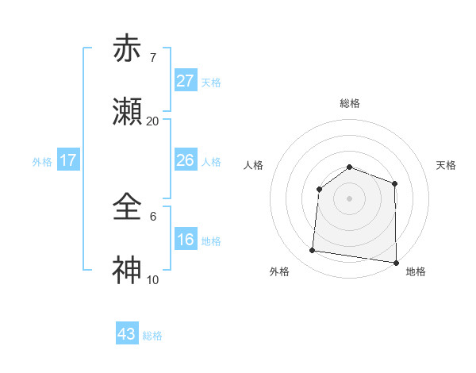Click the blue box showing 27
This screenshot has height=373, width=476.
tap(185, 81)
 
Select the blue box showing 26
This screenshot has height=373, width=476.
tap(185, 160)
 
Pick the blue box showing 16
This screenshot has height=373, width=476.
tap(185, 240)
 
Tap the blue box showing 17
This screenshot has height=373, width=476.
tap(68, 160)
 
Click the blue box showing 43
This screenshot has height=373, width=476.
tap(127, 334)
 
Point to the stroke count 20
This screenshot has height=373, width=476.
tap(152, 121)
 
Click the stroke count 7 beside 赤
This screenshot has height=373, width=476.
tap(152, 58)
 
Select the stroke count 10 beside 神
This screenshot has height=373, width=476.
tap(152, 280)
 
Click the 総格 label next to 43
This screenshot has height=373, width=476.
tap(152, 336)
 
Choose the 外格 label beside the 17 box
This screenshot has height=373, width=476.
tap(42, 162)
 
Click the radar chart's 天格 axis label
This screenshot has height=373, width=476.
tap(447, 165)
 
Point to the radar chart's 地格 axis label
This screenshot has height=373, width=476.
tap(416, 271)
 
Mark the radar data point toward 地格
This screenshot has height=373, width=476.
tap(396, 262)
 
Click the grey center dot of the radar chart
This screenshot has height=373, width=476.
tap(349, 198)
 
